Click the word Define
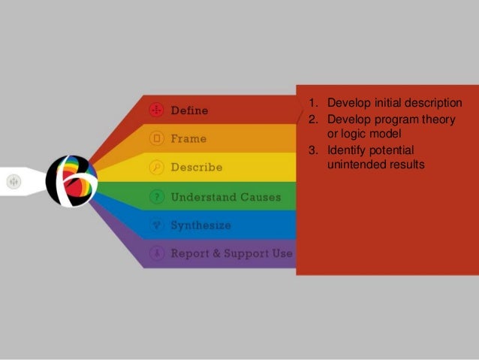[x=189, y=110]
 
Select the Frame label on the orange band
[x=188, y=139]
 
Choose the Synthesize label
[x=200, y=225]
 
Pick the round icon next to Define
[x=156, y=110]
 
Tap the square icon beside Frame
[x=156, y=139]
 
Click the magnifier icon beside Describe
[x=156, y=168]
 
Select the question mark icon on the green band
[x=156, y=197]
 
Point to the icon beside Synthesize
[x=156, y=225]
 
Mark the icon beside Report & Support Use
[x=156, y=253]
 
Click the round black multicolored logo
[x=71, y=181]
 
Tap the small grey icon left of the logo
[x=14, y=181]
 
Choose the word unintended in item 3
[x=357, y=164]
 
